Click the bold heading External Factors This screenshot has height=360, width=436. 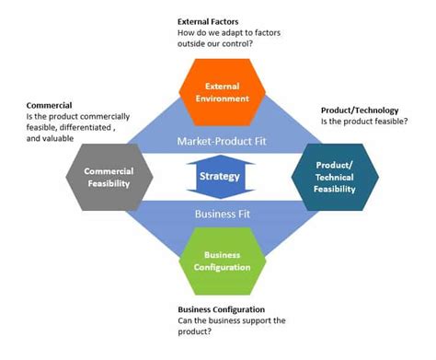coord(209,21)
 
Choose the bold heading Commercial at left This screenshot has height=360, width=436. coord(49,106)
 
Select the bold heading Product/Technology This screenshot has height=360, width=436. coord(360,110)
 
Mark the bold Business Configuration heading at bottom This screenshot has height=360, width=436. coord(221,309)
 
